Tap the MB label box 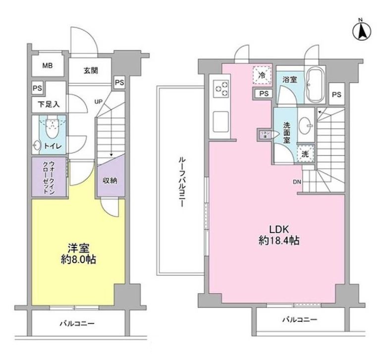[x=48, y=65]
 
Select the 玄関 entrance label [x=90, y=70]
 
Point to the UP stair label [x=99, y=102]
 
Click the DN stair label [x=297, y=182]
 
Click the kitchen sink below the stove [x=220, y=120]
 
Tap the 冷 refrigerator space [x=263, y=76]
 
